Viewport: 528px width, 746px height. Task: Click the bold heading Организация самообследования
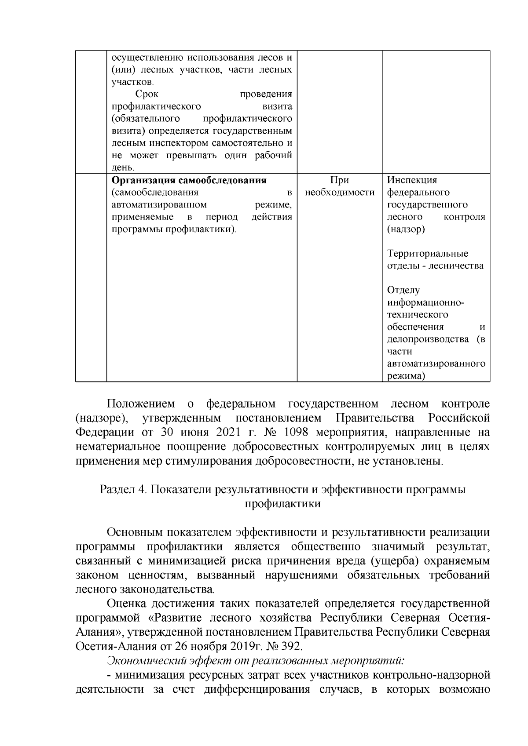189,181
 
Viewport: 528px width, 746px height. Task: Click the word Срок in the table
147,94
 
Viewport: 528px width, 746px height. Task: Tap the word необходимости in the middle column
340,193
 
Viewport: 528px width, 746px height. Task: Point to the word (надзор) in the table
406,229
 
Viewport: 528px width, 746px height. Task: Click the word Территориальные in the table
428,254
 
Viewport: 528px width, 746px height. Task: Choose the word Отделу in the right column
403,290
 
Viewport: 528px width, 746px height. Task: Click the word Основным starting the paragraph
135,532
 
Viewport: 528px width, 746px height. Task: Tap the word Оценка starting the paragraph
127,604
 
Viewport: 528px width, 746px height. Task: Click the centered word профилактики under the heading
282,504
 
